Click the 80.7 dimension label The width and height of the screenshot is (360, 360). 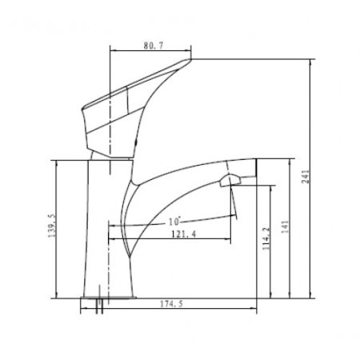154,46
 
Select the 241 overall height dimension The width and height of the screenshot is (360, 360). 306,176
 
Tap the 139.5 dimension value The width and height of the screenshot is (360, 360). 52,226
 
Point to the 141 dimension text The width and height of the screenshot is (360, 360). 285,226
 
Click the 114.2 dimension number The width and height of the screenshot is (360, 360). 266,238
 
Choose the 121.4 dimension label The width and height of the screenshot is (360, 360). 184,234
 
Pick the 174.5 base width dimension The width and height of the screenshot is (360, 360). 171,304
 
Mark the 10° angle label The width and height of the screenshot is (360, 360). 174,221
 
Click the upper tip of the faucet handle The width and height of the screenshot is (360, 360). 190,59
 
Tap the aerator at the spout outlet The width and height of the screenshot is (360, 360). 230,180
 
